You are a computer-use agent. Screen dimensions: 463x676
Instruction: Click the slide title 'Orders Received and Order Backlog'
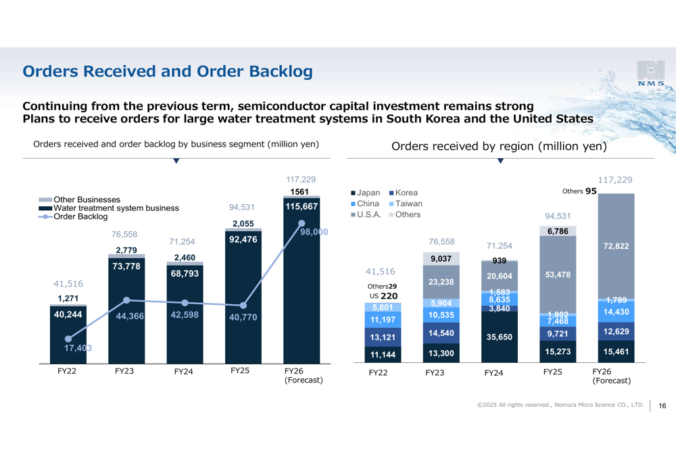[168, 72]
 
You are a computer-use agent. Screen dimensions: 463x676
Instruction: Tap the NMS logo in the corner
[650, 74]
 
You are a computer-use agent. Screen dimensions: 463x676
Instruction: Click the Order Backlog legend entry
[80, 217]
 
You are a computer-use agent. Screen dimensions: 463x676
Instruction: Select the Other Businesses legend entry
[87, 199]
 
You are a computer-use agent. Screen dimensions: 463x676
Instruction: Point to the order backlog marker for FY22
[68, 339]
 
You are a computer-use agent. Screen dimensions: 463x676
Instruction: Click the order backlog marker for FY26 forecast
[301, 223]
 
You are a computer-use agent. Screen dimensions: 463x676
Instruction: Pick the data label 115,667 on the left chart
[301, 207]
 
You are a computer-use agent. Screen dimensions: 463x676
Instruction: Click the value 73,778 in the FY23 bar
[126, 266]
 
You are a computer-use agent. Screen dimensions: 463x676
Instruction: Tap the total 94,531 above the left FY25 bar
[243, 207]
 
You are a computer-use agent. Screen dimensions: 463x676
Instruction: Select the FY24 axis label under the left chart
[184, 371]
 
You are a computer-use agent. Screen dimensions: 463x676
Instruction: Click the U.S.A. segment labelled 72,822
[616, 246]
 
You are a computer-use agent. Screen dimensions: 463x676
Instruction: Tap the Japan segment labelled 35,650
[500, 337]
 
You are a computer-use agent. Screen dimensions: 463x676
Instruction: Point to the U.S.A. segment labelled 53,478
[558, 274]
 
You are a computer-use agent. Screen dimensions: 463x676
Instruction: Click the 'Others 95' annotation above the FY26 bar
[579, 191]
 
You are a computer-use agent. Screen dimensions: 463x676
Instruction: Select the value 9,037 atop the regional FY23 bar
[441, 258]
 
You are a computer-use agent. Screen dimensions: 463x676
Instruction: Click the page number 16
[662, 406]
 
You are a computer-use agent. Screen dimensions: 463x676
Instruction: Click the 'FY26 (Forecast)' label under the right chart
[611, 376]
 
